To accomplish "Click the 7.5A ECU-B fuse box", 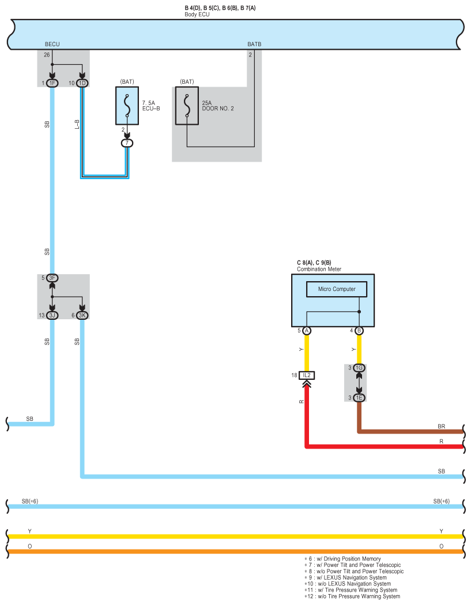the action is coord(127,106).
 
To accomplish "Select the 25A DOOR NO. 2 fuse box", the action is coord(187,106).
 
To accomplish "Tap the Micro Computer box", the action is coord(337,289).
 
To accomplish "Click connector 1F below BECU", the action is coord(52,83).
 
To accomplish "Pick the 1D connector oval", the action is coord(82,83).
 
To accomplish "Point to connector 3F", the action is coord(52,278).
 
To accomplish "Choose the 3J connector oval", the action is coord(52,315).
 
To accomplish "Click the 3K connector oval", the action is coord(82,315).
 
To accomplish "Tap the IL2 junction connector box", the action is coord(307,375).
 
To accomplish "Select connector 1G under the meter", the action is coord(359,368).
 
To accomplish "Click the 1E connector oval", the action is coord(359,398).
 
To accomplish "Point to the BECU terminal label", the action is coord(52,44).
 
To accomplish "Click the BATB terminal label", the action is coord(254,44).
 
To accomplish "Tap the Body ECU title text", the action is coord(197,14).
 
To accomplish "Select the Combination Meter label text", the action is coord(319,269).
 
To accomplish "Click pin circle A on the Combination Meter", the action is coord(307,331).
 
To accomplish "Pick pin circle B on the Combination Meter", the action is coord(359,331).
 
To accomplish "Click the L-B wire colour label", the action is coord(77,124).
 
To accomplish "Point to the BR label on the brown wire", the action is coord(442,427).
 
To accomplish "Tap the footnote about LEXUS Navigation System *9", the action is coord(345,578).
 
